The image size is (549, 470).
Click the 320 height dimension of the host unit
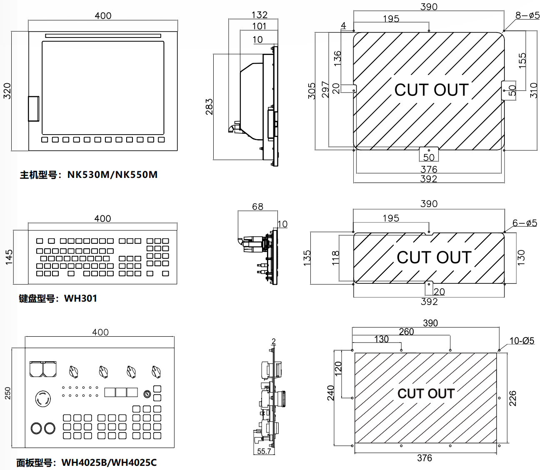[x=7, y=91]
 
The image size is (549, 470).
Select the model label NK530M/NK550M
[x=112, y=175]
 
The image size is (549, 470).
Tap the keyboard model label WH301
[x=80, y=298]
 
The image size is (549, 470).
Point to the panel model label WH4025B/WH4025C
[x=109, y=462]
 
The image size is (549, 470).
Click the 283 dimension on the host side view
[x=209, y=107]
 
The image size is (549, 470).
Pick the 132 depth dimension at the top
[x=259, y=15]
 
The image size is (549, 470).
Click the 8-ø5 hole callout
[x=527, y=15]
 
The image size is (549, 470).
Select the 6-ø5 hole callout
[x=524, y=223]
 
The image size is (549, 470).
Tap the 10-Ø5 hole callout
[x=522, y=341]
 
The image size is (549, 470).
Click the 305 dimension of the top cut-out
[x=312, y=91]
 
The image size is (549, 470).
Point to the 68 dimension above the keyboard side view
[x=257, y=207]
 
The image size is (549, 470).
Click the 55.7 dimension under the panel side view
[x=264, y=451]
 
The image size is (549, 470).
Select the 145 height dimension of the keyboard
[x=9, y=257]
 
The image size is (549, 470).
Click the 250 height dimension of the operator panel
[x=7, y=393]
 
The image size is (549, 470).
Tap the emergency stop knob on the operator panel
[x=43, y=398]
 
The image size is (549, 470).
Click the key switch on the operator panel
[x=147, y=394]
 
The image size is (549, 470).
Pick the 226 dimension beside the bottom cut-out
[x=513, y=398]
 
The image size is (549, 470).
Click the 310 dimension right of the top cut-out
[x=534, y=90]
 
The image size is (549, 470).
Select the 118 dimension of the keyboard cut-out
[x=336, y=258]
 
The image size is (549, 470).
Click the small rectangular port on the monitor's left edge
[x=34, y=109]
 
